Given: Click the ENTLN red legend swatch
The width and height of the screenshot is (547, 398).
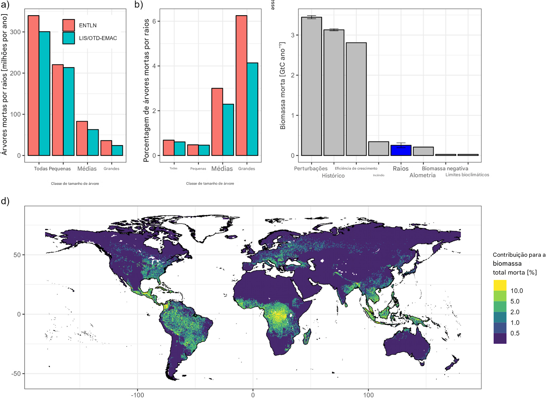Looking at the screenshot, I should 68,25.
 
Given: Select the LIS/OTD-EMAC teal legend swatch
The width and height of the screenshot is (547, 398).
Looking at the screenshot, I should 68,38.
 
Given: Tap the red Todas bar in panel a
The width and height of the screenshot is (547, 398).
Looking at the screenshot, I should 33,85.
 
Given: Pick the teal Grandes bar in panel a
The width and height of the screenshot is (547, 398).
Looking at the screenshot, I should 117,150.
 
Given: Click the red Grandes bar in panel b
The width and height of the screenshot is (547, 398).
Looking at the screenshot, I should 241,85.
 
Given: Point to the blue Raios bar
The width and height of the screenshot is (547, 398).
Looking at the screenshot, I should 401,150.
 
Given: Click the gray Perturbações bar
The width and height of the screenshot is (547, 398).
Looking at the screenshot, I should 311,86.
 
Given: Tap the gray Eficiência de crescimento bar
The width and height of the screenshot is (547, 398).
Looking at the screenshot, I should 356,99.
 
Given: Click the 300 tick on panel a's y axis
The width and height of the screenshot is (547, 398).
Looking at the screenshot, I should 15,32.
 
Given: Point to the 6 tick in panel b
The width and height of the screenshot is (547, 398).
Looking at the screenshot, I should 154,21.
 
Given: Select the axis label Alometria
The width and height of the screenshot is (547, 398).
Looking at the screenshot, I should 422,175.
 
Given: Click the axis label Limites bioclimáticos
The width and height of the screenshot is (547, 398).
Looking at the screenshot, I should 467,175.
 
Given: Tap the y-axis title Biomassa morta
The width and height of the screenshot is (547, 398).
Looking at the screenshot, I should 283,86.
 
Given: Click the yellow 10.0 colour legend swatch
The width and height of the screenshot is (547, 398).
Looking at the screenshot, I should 500,285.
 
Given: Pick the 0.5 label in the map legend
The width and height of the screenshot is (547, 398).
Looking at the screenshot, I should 515,333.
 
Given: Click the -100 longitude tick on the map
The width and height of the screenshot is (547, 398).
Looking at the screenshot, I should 137,395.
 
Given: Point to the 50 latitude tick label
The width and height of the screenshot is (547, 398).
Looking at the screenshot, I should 17,255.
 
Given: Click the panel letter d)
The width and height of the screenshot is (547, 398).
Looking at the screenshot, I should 5,201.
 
